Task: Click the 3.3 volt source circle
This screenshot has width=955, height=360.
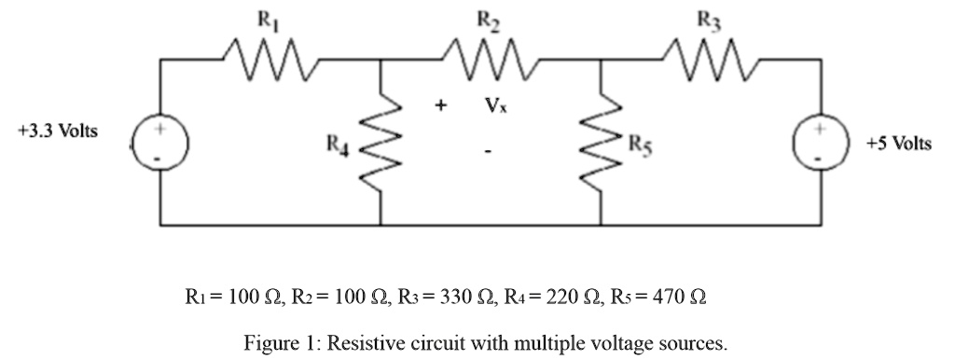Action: click(x=159, y=143)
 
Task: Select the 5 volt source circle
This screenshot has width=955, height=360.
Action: click(x=821, y=143)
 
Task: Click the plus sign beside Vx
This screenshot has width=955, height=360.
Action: click(x=438, y=106)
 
